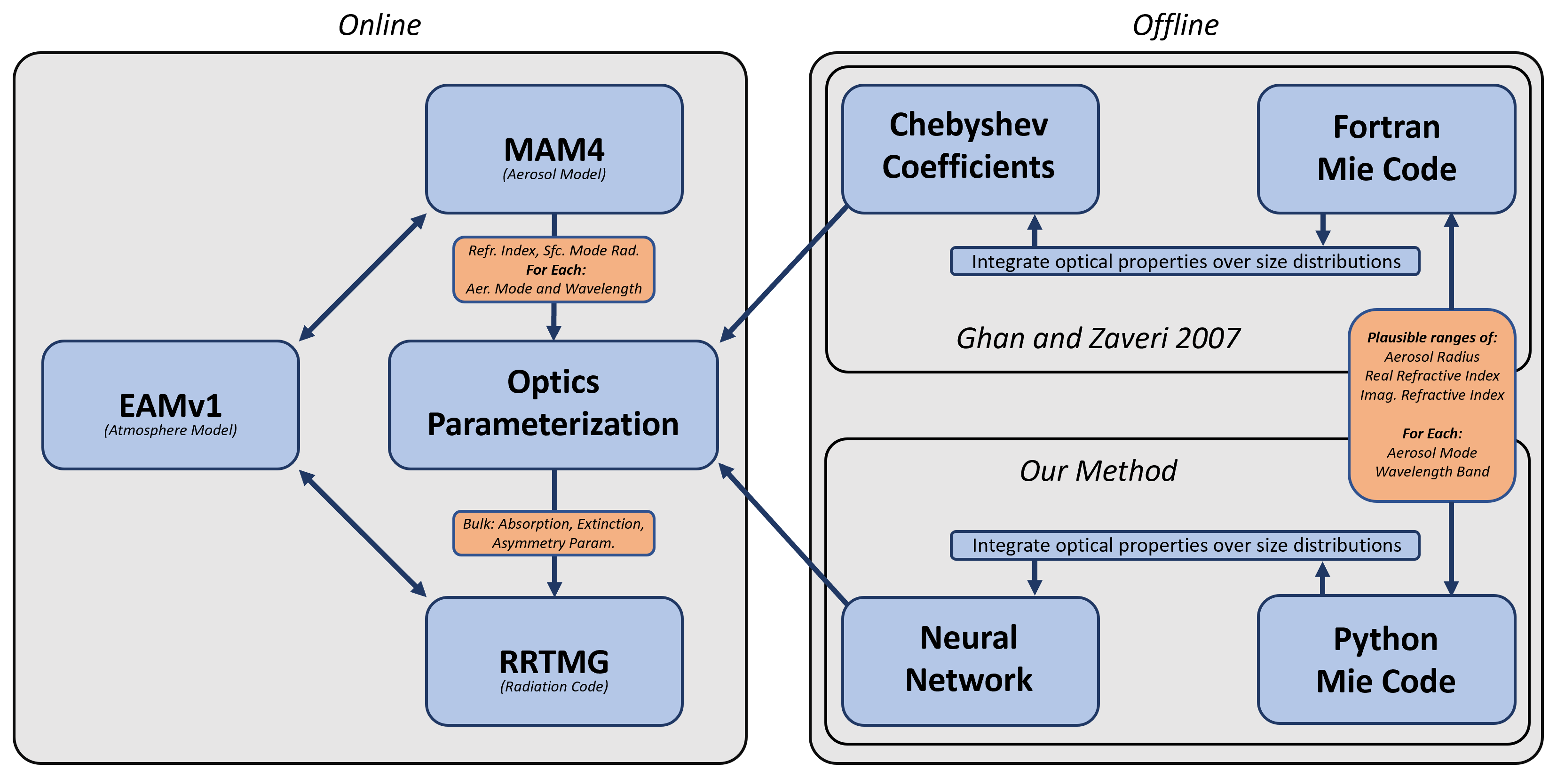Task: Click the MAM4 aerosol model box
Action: (x=553, y=149)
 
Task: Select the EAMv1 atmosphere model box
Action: (x=170, y=405)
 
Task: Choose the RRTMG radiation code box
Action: (x=553, y=661)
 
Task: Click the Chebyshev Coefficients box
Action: (x=970, y=149)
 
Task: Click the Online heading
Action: (x=379, y=25)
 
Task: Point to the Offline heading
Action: (x=1175, y=25)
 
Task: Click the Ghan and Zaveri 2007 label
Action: (x=1098, y=338)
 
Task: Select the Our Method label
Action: (x=1098, y=471)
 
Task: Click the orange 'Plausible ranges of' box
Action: (x=1432, y=405)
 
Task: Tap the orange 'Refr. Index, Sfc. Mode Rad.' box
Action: (x=553, y=270)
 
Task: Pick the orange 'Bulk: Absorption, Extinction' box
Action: (x=553, y=533)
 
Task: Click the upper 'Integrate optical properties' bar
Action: (x=1185, y=262)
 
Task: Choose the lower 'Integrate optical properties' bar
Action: (x=1185, y=545)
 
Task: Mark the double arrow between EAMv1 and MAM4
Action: (x=363, y=277)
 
